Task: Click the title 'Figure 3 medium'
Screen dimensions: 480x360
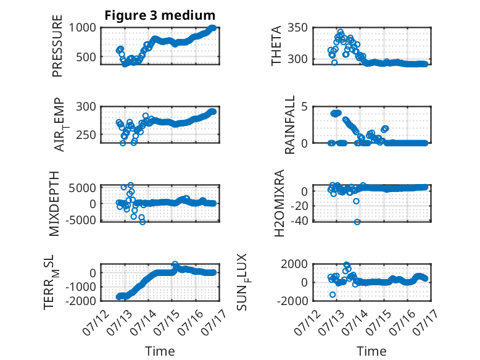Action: tap(160, 15)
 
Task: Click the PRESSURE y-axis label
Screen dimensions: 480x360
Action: tap(57, 46)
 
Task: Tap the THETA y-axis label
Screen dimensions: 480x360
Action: tap(276, 46)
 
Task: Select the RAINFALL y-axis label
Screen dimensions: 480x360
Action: tap(289, 124)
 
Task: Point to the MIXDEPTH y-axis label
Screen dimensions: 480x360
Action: tap(54, 204)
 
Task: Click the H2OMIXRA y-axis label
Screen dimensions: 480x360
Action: tap(279, 203)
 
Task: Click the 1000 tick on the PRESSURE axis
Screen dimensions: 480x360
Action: tap(82, 28)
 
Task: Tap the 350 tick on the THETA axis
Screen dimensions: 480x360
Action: tap(297, 28)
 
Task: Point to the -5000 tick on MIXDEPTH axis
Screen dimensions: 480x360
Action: tap(80, 220)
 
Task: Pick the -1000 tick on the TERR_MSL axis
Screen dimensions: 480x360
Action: tap(80, 287)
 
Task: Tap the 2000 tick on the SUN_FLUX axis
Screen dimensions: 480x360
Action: tap(294, 264)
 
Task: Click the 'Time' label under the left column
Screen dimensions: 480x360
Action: tap(160, 351)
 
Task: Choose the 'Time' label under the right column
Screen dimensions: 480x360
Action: tap(371, 351)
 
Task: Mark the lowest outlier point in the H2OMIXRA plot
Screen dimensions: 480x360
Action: tap(357, 222)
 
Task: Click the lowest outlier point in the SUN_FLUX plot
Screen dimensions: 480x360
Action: tap(333, 295)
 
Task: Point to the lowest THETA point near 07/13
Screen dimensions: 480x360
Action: tap(334, 62)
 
